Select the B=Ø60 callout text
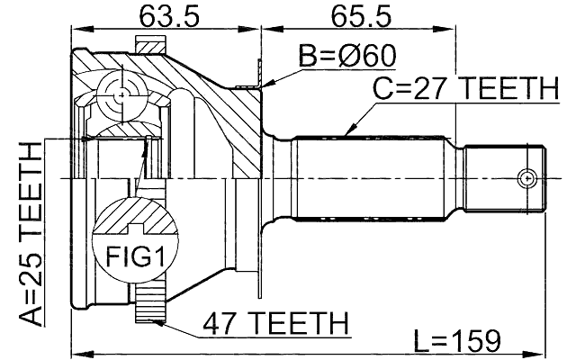click(x=347, y=56)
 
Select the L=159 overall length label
click(x=456, y=341)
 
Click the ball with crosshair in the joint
click(x=121, y=93)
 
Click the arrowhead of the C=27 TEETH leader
click(x=348, y=136)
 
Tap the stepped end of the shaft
click(x=504, y=178)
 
